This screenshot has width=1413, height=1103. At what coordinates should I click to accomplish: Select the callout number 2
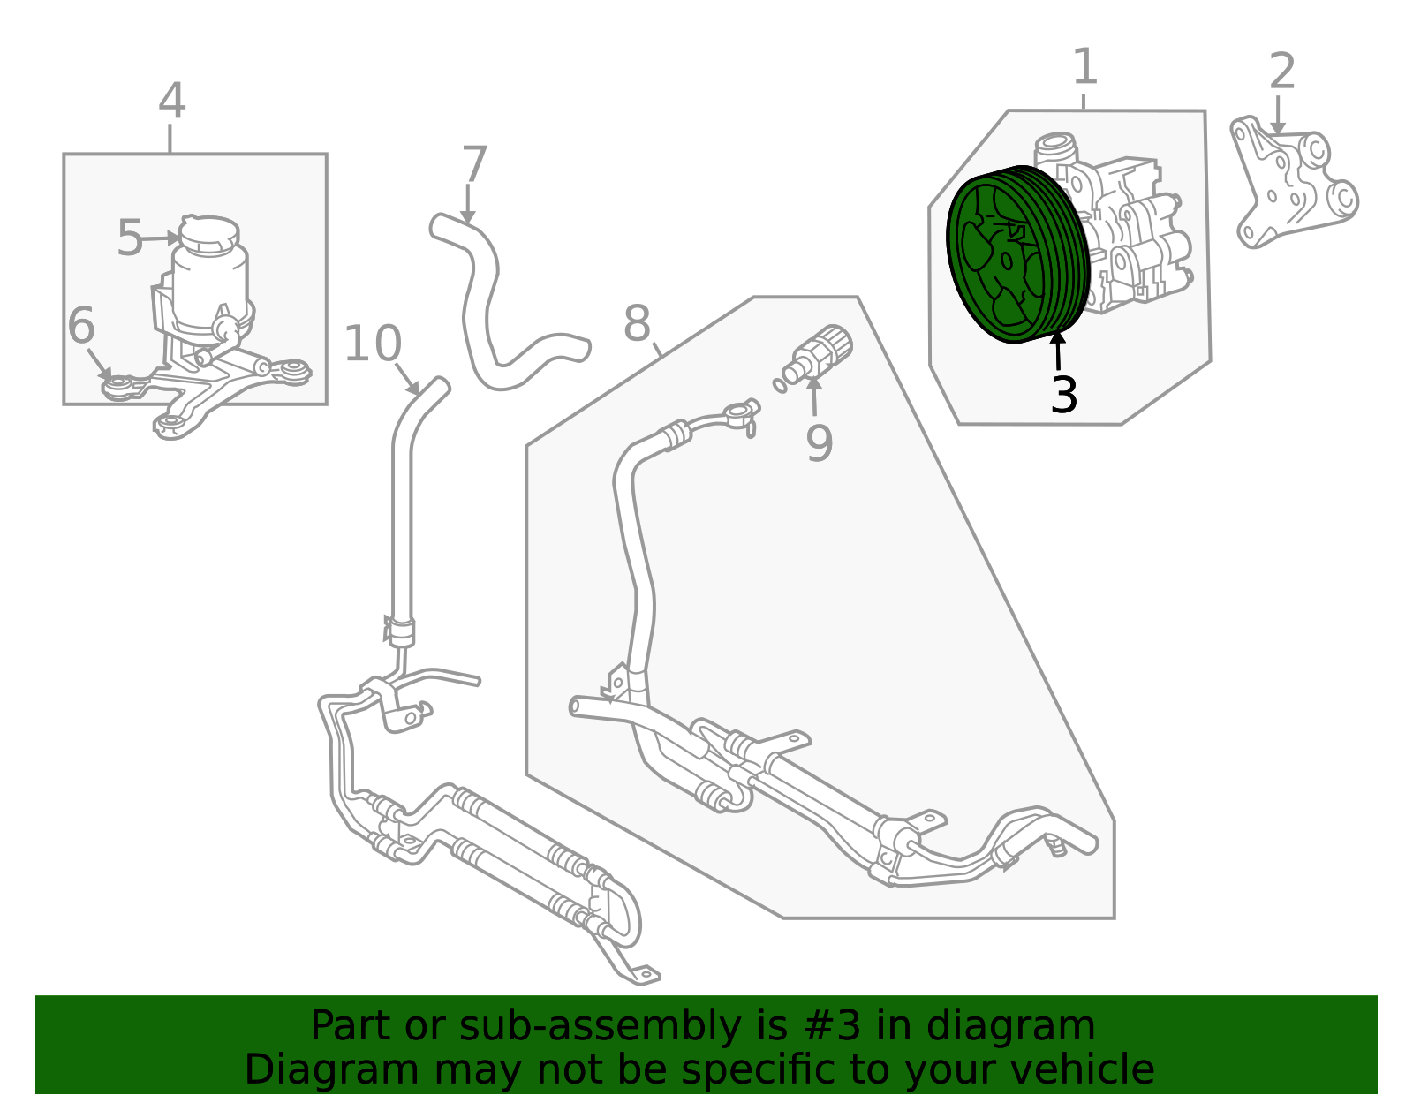pos(1282,72)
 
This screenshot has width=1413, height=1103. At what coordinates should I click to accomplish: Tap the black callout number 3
pos(1064,394)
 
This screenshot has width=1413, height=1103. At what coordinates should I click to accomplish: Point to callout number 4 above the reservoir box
pos(172,101)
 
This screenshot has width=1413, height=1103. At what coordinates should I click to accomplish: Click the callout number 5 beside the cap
pos(130,238)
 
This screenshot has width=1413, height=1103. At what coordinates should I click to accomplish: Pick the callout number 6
pos(82,325)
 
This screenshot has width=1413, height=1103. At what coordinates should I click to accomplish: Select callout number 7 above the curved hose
pos(475,163)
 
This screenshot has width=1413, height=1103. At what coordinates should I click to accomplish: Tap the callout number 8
pos(637,323)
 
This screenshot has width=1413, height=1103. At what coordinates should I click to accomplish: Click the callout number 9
pos(820,443)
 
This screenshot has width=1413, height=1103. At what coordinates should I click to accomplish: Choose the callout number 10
pos(373,344)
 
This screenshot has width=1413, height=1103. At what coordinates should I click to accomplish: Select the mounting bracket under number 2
pos(1294,182)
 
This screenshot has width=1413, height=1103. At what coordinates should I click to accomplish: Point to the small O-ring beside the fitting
pos(780,386)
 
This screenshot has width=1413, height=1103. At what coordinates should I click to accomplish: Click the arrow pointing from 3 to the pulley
pos(1059,351)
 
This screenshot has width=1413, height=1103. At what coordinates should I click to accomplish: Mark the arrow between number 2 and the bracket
pos(1278,115)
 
